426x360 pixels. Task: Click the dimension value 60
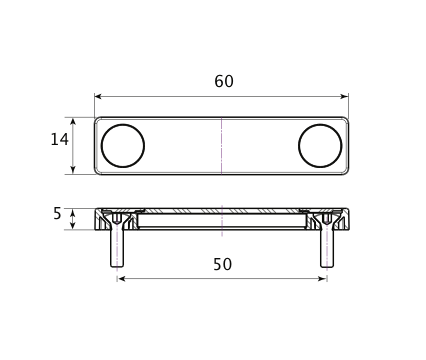coord(224,81)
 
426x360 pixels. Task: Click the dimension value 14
coord(59,139)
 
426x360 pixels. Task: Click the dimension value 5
coord(57,214)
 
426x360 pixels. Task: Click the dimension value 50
coord(222,264)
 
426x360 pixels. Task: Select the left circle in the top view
coord(101,146)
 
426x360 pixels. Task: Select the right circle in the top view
coord(298,146)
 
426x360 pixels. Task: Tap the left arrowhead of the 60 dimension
coord(98,97)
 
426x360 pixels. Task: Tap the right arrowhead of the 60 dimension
coord(345,97)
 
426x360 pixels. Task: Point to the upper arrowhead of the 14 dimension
coord(73,121)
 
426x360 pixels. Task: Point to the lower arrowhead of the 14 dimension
coord(73,170)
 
